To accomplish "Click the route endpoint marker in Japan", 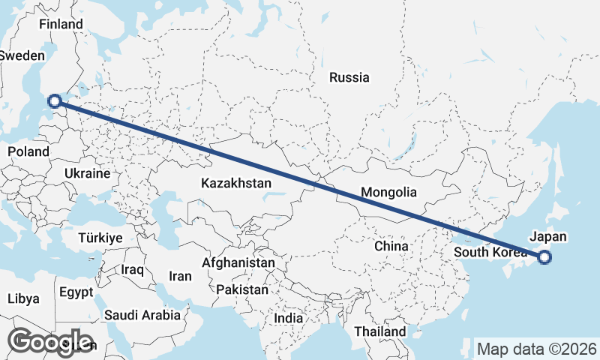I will [544, 258].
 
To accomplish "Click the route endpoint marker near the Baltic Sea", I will [54, 100].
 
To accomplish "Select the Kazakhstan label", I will [236, 182].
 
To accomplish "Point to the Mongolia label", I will [388, 193].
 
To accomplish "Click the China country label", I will [391, 246].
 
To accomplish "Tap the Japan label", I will [548, 236].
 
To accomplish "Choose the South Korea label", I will [490, 252].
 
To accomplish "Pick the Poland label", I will [28, 151].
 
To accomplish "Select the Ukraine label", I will [88, 173].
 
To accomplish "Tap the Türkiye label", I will [100, 238].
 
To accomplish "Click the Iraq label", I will [132, 268].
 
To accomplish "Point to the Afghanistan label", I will [238, 263].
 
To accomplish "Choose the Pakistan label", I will [242, 289].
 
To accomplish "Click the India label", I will [289, 318].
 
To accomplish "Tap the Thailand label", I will [380, 331].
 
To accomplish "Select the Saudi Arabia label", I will [142, 315].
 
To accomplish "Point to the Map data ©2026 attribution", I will [537, 349].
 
